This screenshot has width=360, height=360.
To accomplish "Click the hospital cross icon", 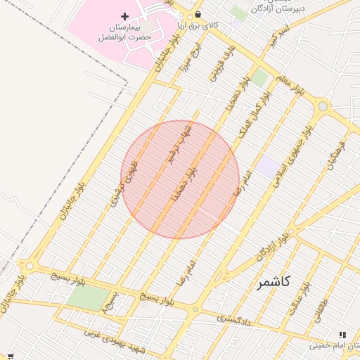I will pos(125,15).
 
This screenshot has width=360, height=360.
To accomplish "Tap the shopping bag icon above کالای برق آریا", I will pos(198,14).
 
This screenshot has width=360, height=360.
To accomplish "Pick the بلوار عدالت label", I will pos(296,301).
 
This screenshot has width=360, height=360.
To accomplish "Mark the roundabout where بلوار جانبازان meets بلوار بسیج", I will pos(29,266).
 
